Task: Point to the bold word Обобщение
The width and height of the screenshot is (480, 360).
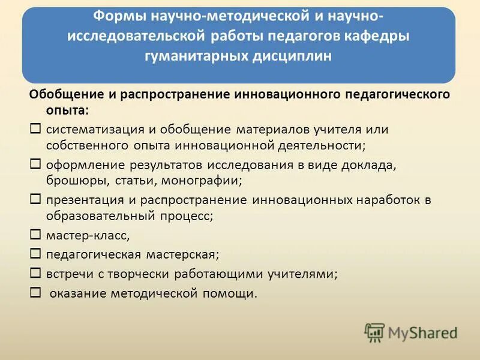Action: [x=59, y=95]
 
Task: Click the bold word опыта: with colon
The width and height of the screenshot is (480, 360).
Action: [x=67, y=110]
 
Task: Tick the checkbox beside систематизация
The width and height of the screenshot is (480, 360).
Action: [x=35, y=128]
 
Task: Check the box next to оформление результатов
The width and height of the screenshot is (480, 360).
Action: [x=35, y=163]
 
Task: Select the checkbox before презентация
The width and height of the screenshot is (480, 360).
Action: [x=35, y=199]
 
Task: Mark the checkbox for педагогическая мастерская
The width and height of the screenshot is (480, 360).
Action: [x=35, y=254]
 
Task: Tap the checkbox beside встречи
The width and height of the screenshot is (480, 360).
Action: [x=35, y=273]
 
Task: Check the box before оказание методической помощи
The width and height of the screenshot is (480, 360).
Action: [x=35, y=292]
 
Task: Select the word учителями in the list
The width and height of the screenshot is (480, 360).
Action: [x=304, y=274]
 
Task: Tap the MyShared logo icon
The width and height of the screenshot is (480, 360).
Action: [x=374, y=332]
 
